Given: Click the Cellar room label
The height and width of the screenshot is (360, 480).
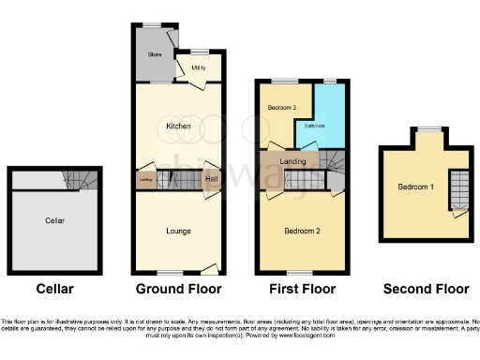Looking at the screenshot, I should click(x=53, y=220).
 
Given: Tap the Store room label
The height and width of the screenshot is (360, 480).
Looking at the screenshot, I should click(x=155, y=54).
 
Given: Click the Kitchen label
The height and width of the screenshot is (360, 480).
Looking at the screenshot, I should click(x=178, y=125).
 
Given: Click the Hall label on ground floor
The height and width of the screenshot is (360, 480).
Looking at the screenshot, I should click(x=212, y=179).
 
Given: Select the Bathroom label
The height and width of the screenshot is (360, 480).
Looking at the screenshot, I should click(x=313, y=125).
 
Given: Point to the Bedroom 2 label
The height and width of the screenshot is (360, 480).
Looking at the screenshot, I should click(x=304, y=231).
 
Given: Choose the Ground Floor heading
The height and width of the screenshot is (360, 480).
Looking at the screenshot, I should click(x=178, y=289).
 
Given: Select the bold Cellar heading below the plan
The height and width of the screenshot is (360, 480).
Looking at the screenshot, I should click(x=53, y=289).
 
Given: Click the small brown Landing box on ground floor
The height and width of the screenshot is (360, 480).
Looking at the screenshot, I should click(x=145, y=179).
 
